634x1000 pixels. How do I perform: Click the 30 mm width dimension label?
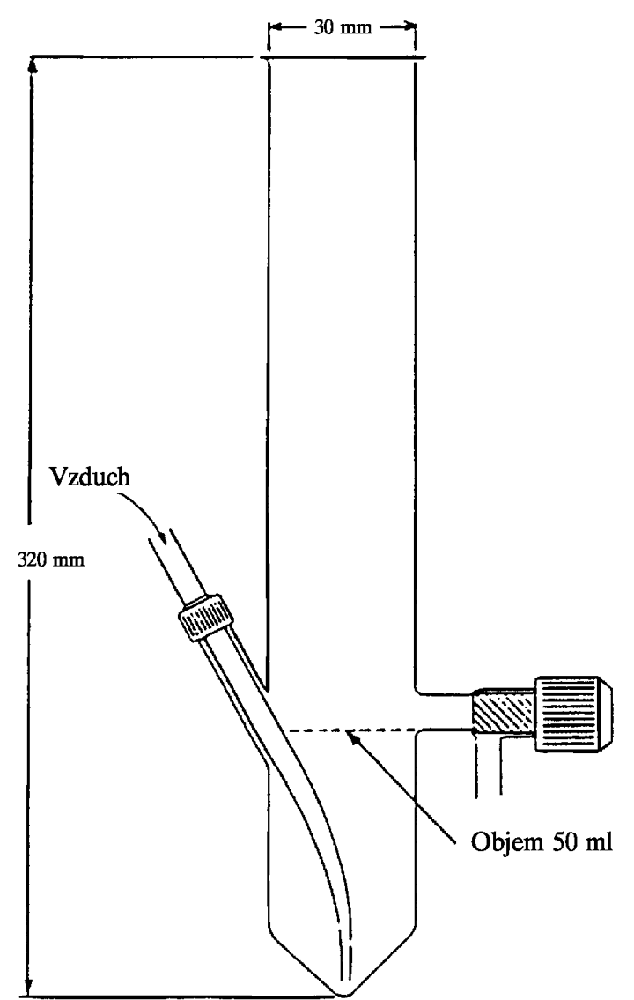(x=343, y=27)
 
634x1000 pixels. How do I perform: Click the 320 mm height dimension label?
(x=50, y=560)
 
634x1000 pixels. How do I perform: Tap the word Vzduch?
(x=90, y=477)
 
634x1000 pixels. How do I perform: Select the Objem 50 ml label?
(x=541, y=841)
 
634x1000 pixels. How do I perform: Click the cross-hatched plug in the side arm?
(x=504, y=713)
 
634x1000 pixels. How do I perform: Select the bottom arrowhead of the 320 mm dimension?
(x=27, y=981)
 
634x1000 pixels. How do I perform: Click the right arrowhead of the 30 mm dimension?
(x=407, y=27)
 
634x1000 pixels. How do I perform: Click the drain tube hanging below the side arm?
(x=489, y=766)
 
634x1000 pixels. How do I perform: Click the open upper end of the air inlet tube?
(x=160, y=535)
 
